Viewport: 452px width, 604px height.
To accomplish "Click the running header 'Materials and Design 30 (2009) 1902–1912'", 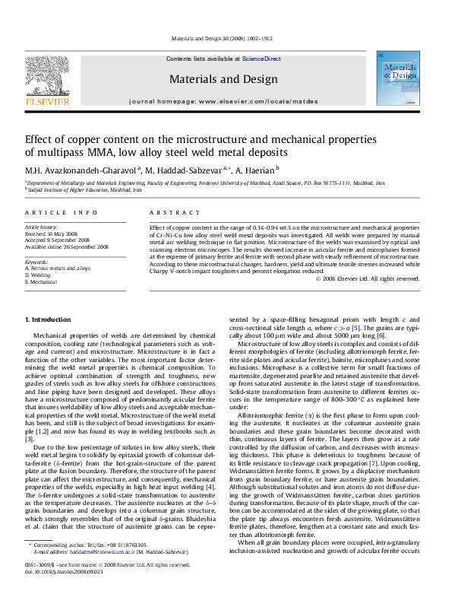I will pos(226,37).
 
